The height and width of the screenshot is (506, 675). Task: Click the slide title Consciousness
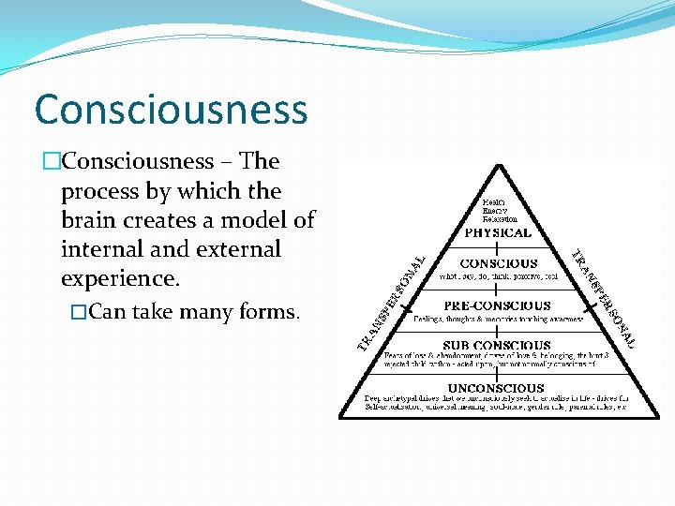[171, 109]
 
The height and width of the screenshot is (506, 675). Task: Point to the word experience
[115, 278]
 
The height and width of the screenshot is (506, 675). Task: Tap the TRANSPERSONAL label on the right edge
[604, 298]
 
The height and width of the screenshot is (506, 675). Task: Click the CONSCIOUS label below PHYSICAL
[499, 264]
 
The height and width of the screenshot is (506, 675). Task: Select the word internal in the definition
[98, 249]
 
